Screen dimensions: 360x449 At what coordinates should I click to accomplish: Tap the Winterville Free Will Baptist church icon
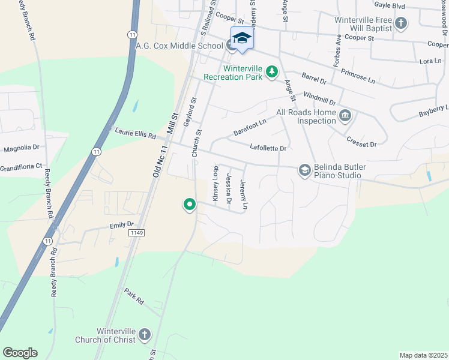coord(402,24)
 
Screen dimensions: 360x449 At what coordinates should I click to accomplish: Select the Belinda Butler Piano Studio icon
coord(304,171)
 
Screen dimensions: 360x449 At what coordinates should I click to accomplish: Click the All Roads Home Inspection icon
coord(345,116)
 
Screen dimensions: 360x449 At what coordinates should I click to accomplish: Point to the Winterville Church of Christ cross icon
coord(144,335)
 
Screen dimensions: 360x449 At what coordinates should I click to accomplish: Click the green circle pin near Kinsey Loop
coord(190,205)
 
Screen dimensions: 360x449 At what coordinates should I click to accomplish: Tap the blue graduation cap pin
coord(242,38)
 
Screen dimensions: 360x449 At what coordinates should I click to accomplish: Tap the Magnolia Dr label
coord(21,147)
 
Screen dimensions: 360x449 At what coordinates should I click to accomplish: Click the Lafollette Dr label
coord(268,148)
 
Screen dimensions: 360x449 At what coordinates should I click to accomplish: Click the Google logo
coord(20,353)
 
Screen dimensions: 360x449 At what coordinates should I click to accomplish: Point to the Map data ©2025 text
coord(423,355)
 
